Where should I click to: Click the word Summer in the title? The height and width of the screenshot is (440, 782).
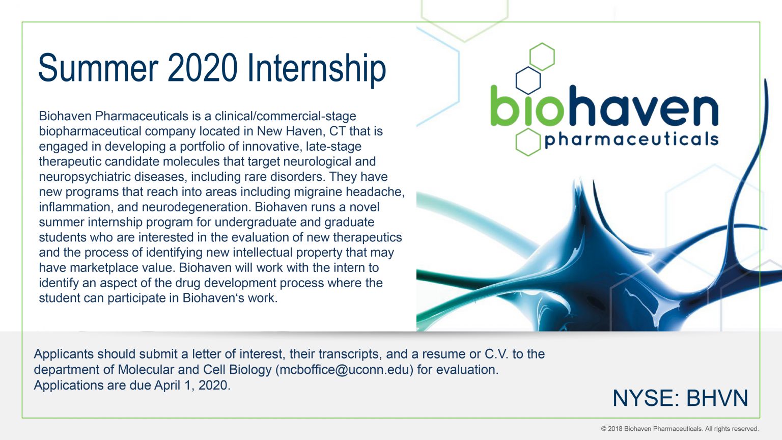(98, 68)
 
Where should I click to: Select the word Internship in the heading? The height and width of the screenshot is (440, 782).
(316, 68)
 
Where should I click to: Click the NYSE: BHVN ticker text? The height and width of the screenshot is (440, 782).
(680, 398)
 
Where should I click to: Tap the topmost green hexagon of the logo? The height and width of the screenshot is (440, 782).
(542, 56)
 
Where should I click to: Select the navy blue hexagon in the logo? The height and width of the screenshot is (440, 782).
(528, 80)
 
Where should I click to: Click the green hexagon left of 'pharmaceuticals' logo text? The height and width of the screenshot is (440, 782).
(527, 142)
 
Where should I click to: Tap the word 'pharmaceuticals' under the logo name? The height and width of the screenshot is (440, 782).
(631, 140)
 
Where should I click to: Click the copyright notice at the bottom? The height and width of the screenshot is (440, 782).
(680, 429)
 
